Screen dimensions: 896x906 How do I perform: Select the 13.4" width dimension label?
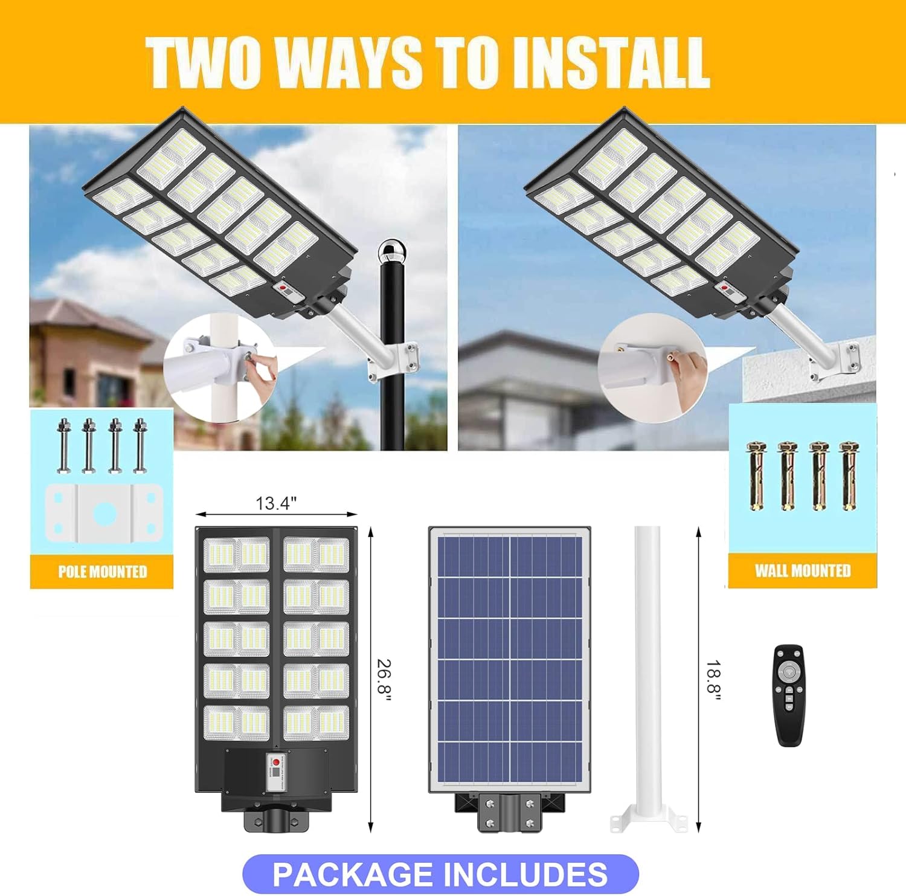276,503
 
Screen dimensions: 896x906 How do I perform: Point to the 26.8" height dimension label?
384,680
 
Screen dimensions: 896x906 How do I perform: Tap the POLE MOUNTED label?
102,572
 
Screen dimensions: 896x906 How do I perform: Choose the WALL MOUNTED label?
802,570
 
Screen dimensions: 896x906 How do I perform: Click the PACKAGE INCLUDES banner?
440,874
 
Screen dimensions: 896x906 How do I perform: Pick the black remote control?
789,695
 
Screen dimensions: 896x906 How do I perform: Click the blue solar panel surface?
509,659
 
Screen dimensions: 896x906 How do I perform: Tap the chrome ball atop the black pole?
392,250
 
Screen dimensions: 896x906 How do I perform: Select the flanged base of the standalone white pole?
648,820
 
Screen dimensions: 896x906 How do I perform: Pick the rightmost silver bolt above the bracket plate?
140,445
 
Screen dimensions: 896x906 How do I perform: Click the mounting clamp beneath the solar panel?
509,811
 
